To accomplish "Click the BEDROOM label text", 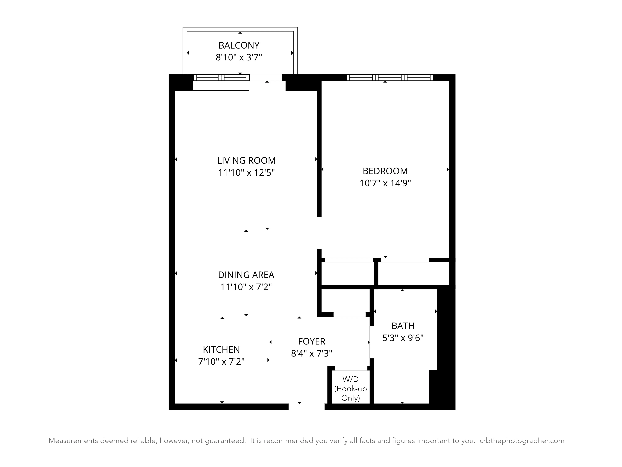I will pos(385,171).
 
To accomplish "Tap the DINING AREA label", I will pos(246,275).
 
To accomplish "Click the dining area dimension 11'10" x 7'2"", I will pos(246,287).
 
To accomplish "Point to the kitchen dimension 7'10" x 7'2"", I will pos(221,361).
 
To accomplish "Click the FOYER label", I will pos(312,341).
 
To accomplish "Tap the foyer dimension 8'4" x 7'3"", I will pos(312,353).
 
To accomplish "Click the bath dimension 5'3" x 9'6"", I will pos(403,338).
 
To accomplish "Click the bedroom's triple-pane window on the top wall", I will pos(390,77).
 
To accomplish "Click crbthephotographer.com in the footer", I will pos(522,441).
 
